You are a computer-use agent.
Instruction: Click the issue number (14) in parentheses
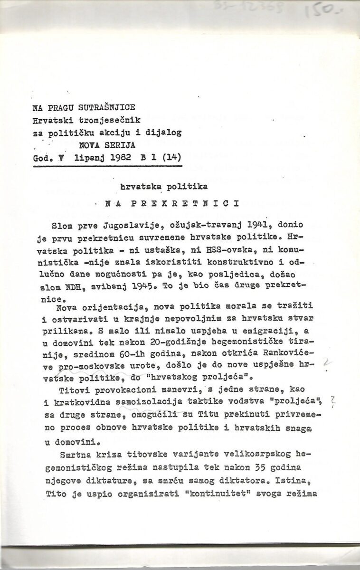click(171, 154)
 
